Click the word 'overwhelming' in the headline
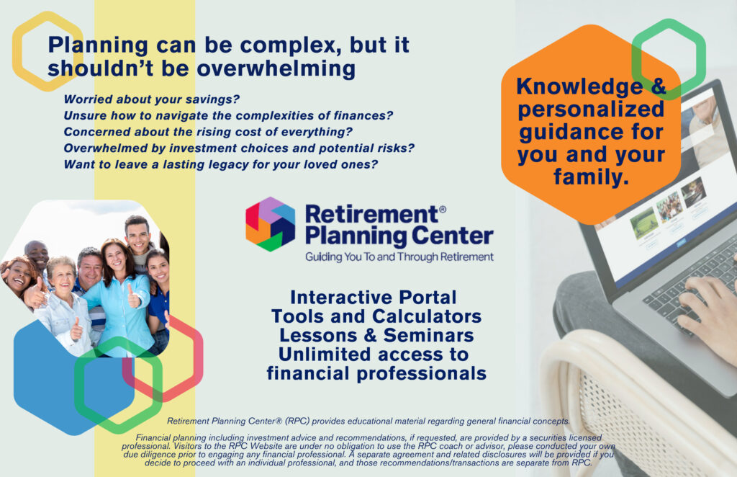[x=276, y=68]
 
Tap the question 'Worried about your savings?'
[x=151, y=99]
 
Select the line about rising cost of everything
[x=208, y=132]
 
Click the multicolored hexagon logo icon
[x=271, y=224]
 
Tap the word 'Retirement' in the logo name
[x=371, y=214]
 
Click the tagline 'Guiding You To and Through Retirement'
[x=399, y=257]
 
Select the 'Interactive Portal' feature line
[x=374, y=298]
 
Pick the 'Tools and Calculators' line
[x=376, y=316]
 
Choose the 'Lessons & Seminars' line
[x=376, y=335]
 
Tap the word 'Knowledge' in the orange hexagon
[x=579, y=87]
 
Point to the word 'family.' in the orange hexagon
[x=591, y=177]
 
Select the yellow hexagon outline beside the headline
[x=17, y=52]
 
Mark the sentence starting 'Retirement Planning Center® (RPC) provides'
[x=368, y=421]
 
